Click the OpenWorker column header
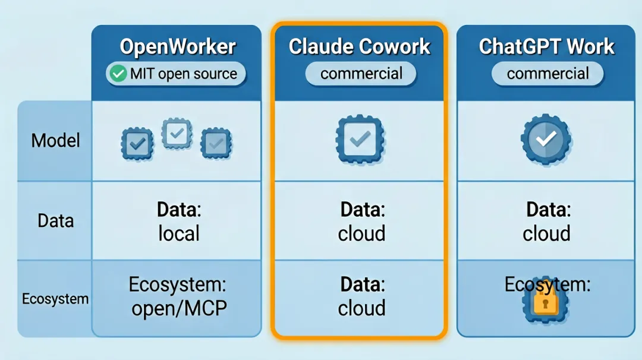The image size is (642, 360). (178, 47)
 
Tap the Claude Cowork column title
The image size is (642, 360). (360, 47)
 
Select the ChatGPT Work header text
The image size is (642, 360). (547, 47)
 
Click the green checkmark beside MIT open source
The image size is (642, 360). (118, 74)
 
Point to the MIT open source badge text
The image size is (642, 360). (184, 74)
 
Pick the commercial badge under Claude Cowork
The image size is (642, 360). (361, 74)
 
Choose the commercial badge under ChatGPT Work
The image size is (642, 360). (548, 74)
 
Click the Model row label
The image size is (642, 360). (55, 141)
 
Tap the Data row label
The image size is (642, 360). (56, 221)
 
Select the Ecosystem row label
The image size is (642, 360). (55, 299)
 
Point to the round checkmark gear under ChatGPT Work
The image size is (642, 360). (546, 139)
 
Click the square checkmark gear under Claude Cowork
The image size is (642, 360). (360, 139)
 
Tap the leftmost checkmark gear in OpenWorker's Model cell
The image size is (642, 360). (137, 143)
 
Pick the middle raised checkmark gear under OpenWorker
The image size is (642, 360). (177, 133)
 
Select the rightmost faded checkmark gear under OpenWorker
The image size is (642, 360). (216, 143)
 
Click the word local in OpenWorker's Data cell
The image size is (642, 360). (179, 233)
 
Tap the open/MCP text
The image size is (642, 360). (179, 308)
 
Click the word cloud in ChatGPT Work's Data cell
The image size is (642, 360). (546, 233)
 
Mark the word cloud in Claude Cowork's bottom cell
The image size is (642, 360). (361, 308)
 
